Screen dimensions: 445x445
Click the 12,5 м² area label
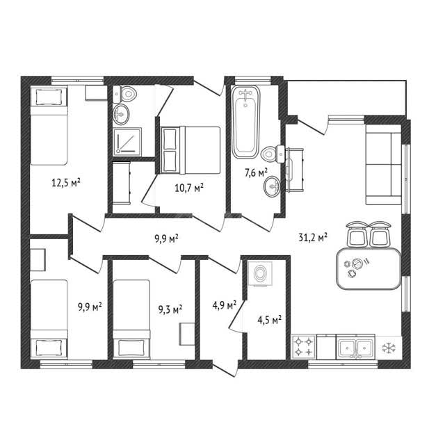pyautogui.click(x=66, y=182)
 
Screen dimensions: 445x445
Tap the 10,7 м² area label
pyautogui.click(x=189, y=188)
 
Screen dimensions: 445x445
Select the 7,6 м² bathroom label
pyautogui.click(x=256, y=172)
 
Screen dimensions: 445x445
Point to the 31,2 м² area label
pyautogui.click(x=313, y=237)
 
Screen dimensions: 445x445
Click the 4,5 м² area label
pyautogui.click(x=269, y=320)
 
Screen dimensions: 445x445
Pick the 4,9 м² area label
pyautogui.click(x=225, y=305)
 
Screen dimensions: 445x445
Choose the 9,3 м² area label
pyautogui.click(x=170, y=309)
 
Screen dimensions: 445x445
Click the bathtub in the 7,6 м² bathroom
pyautogui.click(x=245, y=122)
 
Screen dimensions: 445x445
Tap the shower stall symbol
pyautogui.click(x=127, y=142)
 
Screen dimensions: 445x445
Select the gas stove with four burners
pyautogui.click(x=304, y=347)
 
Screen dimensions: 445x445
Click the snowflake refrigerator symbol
pyautogui.click(x=388, y=348)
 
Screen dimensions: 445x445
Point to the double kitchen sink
pyautogui.click(x=355, y=347)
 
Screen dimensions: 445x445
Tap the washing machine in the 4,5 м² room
pyautogui.click(x=260, y=274)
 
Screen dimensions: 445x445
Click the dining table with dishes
pyautogui.click(x=369, y=268)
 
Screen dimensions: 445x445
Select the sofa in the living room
pyautogui.click(x=383, y=165)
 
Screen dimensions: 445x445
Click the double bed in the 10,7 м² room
pyautogui.click(x=191, y=150)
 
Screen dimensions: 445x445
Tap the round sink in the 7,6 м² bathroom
pyautogui.click(x=272, y=186)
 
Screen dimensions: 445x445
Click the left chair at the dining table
pyautogui.click(x=357, y=234)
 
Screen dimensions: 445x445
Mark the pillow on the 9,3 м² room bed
pyautogui.click(x=131, y=348)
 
